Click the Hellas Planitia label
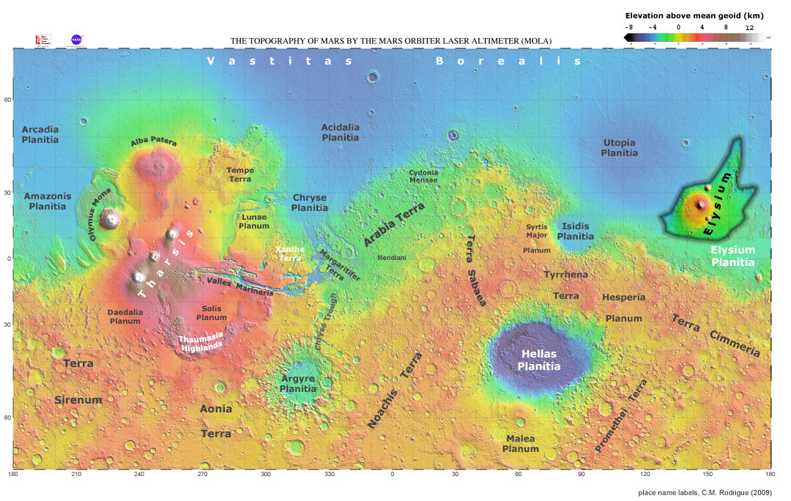pos(539,360)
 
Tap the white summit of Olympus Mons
pos(111,218)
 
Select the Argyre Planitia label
pos(298,384)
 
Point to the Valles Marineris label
pos(240,286)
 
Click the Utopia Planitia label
pos(619,148)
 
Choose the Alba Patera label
pos(154,142)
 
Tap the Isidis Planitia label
pos(576,231)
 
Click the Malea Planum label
pos(521,444)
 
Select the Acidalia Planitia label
pos(341,133)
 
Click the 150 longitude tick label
pos(708,475)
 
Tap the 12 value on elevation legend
pos(749,27)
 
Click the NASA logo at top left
pos(75,40)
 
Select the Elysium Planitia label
pos(732,256)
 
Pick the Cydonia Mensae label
pos(423,176)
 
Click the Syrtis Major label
pos(537,231)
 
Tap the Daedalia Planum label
pos(124,316)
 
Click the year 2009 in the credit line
pos(760,492)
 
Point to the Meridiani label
pos(392,259)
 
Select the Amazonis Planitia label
pos(47,201)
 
